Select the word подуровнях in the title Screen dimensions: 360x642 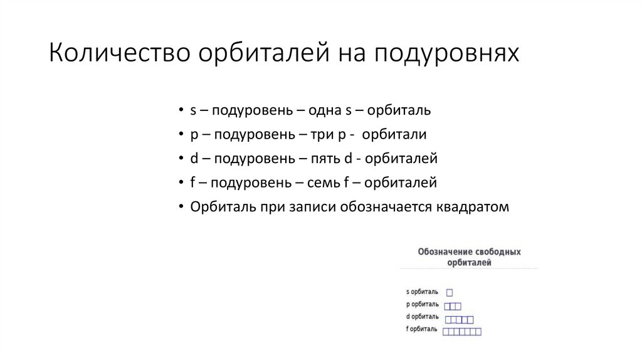point(447,53)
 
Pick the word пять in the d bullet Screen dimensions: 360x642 point(325,158)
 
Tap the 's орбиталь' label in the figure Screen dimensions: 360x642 point(423,292)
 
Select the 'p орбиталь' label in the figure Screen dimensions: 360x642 point(423,305)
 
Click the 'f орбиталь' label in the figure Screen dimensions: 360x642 point(422,330)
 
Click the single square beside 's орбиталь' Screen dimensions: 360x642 point(450,292)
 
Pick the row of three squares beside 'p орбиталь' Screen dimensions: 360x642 point(453,306)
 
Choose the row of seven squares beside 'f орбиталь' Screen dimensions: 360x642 point(462,331)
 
